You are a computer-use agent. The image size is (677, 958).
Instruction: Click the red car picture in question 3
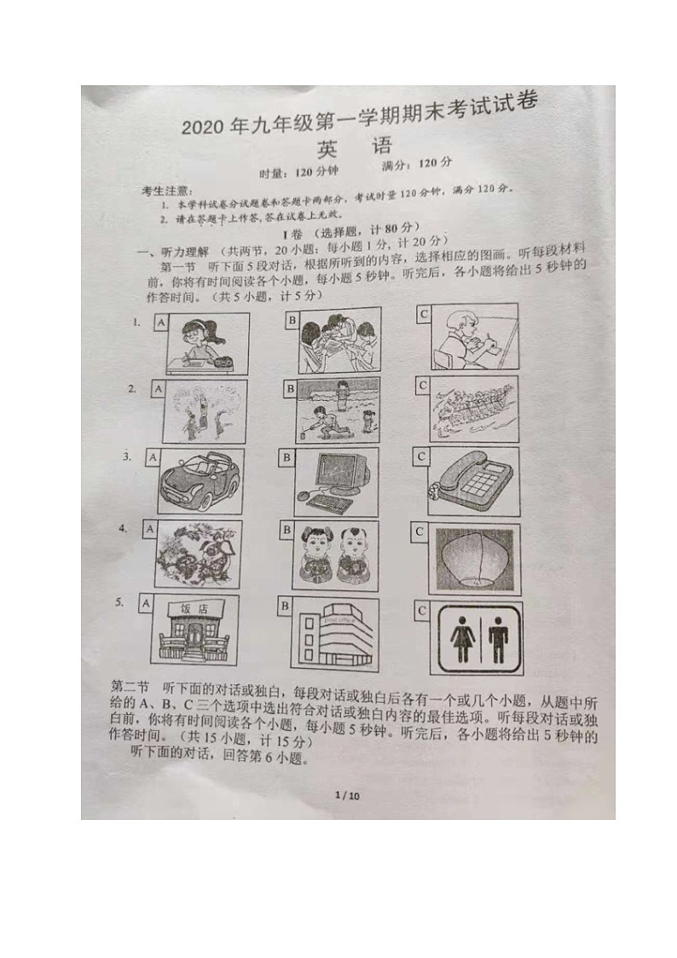coord(199,481)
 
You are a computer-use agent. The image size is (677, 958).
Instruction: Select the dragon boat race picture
coord(472,408)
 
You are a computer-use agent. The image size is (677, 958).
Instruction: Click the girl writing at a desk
coord(201,343)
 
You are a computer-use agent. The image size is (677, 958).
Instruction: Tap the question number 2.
coord(132,389)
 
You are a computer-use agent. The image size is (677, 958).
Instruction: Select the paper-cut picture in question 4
coord(198,555)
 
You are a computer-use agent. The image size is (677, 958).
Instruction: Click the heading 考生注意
coord(167,189)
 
